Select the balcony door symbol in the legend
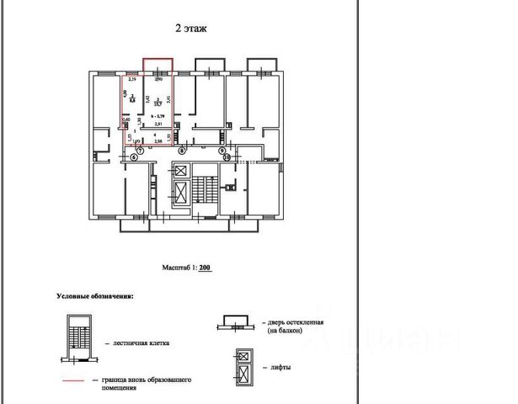pos(237,324)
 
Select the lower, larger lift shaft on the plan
pos(180,193)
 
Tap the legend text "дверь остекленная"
pos(294,322)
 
